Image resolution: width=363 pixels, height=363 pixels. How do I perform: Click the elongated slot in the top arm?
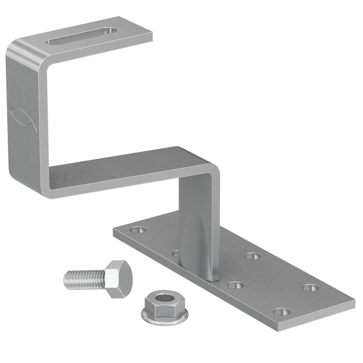82,36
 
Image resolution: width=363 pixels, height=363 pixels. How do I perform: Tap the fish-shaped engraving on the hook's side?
23,118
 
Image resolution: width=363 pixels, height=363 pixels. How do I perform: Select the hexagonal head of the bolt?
118,279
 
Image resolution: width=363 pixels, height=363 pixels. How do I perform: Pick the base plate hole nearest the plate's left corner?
138,230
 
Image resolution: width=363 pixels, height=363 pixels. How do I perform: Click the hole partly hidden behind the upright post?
175,253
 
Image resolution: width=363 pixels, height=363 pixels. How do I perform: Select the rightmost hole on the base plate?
310,287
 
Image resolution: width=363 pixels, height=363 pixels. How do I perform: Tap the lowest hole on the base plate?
282,311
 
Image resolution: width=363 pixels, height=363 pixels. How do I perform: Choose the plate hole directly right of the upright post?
253,256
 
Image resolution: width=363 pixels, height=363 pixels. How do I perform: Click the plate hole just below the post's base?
235,285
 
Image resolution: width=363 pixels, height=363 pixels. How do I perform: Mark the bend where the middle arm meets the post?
212,169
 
